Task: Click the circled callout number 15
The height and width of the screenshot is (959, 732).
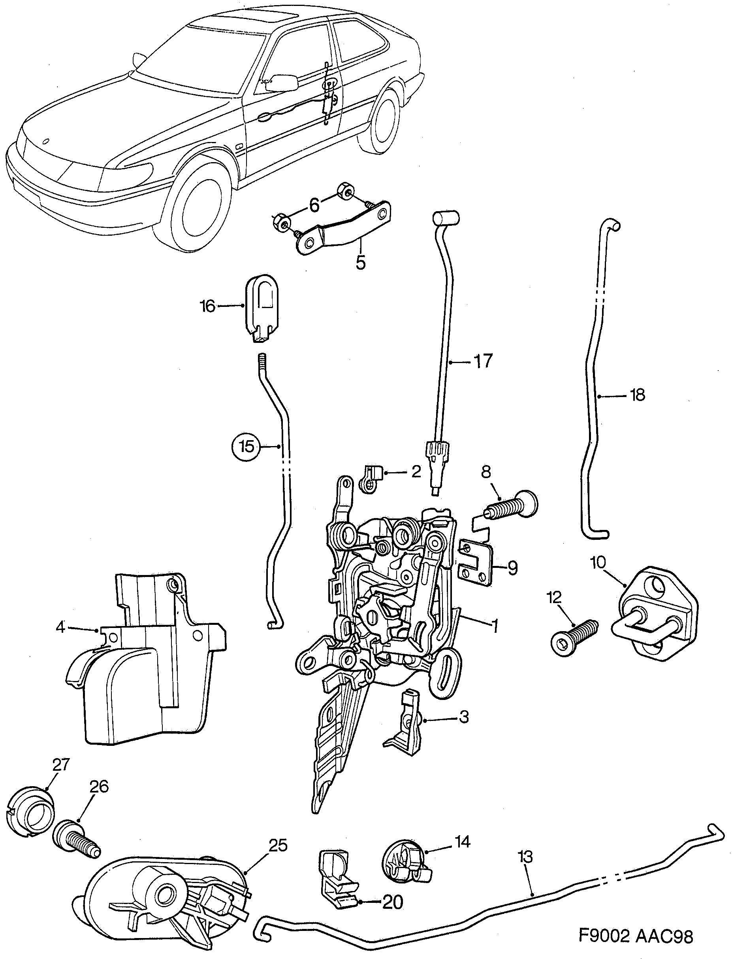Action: tap(247, 446)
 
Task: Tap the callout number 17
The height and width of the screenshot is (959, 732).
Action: tap(482, 361)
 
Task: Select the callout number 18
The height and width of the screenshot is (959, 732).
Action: tap(638, 395)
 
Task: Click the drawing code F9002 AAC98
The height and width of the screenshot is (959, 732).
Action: tap(636, 934)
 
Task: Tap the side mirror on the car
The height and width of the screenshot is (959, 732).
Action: tap(280, 83)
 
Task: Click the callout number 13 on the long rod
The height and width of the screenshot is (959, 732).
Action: tap(525, 857)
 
